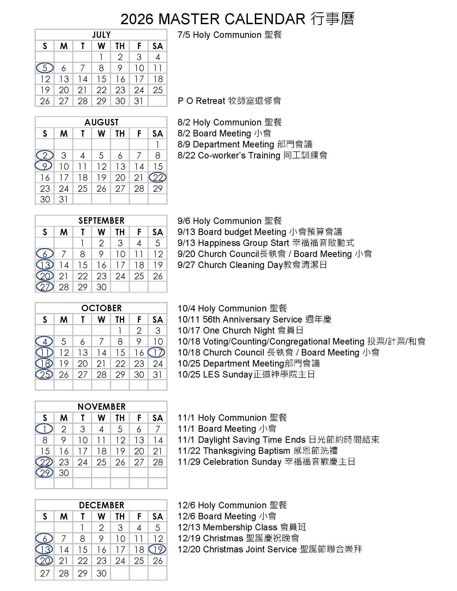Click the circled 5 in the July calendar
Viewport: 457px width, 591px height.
click(45, 68)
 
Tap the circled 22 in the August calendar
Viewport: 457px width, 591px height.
click(158, 177)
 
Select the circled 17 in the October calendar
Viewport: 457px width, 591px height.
click(156, 352)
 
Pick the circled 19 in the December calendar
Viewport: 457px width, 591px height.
click(157, 549)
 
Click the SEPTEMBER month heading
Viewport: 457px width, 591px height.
click(101, 220)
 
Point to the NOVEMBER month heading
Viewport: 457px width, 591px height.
click(101, 407)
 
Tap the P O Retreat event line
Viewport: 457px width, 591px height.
click(229, 101)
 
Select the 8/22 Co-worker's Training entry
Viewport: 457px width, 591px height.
click(252, 155)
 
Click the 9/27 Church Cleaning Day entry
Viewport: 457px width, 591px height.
click(252, 265)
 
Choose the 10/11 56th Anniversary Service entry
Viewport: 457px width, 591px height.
click(254, 319)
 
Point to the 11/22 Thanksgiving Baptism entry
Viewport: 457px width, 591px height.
click(257, 451)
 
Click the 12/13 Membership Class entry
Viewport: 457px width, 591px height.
click(242, 527)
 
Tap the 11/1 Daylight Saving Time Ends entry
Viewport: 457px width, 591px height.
click(278, 440)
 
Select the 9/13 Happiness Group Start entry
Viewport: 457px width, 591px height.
click(266, 243)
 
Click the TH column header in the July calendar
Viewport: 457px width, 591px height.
click(120, 46)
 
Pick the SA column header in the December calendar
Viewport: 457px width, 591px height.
click(158, 516)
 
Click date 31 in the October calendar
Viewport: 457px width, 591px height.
click(157, 375)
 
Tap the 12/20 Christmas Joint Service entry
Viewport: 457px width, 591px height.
click(270, 549)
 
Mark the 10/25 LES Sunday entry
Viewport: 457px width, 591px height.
click(246, 374)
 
